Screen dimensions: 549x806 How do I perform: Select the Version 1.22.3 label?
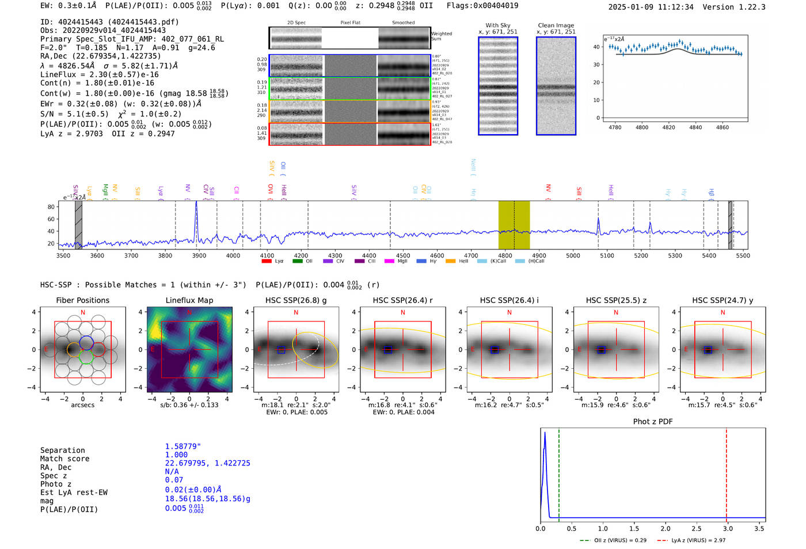742,7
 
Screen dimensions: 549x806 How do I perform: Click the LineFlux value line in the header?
99,74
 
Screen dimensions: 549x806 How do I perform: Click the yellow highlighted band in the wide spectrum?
514,225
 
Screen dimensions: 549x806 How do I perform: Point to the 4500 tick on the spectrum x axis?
403,255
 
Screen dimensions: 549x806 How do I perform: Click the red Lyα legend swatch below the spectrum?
266,261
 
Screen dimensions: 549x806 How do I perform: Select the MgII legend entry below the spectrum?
397,261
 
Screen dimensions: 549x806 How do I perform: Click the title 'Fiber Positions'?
82,300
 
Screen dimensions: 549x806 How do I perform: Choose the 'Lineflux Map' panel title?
189,300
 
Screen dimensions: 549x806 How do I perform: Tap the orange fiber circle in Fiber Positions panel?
74,349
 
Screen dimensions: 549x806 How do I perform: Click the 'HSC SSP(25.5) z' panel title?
616,300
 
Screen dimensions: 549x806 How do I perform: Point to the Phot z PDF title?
653,421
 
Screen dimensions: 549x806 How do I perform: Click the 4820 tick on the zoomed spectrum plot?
668,127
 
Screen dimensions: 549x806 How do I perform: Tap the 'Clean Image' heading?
556,25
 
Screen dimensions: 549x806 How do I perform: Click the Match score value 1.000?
176,455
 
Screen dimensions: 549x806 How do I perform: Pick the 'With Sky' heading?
498,25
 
